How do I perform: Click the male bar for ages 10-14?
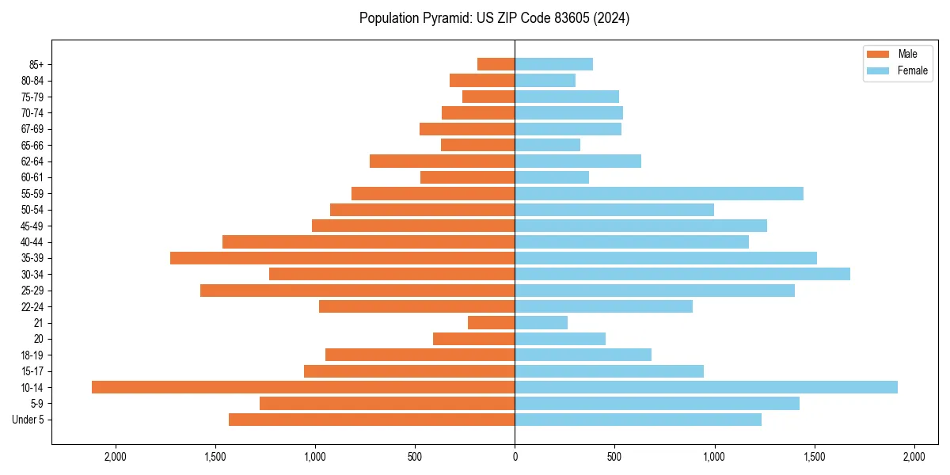(x=303, y=387)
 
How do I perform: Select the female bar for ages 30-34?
(x=682, y=274)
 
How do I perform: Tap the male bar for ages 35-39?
(x=343, y=258)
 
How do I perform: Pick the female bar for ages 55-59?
(x=659, y=193)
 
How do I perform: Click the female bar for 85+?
(x=554, y=64)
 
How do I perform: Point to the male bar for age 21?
(x=492, y=322)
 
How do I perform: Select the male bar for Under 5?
(x=372, y=420)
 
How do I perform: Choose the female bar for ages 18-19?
(x=583, y=355)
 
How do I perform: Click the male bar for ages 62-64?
(x=443, y=161)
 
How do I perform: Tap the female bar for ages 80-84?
(x=545, y=80)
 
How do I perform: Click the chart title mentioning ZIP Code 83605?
(x=494, y=18)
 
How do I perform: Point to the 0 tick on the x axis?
(x=515, y=457)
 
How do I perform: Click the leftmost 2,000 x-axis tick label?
(x=116, y=457)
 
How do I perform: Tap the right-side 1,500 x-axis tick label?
(x=815, y=457)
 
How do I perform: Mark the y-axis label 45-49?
(x=32, y=226)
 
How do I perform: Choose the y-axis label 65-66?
(x=32, y=145)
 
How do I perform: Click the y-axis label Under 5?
(x=28, y=420)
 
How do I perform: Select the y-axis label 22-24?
(x=32, y=306)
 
